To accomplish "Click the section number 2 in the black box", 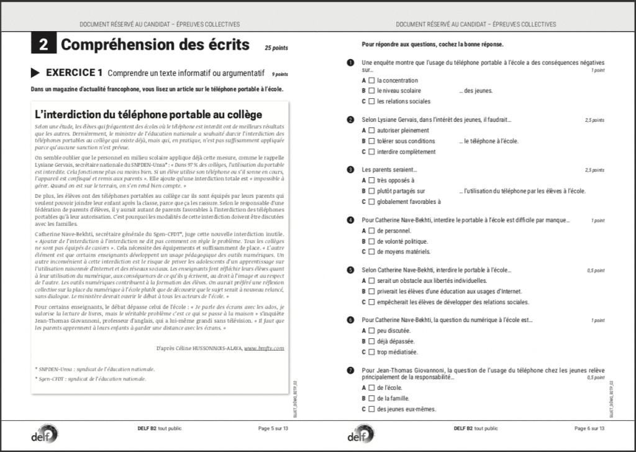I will (x=43, y=45).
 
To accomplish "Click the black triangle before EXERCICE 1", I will (x=37, y=72).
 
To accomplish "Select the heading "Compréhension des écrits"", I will (x=155, y=45).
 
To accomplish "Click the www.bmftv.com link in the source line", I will (x=264, y=348).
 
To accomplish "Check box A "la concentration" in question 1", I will (x=371, y=80).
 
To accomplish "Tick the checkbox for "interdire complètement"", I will (x=371, y=152).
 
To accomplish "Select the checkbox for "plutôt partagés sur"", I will (x=371, y=191).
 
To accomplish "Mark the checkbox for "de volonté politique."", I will (x=371, y=241).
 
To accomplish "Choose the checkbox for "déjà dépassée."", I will (x=371, y=341).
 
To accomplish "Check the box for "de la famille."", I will (x=371, y=399).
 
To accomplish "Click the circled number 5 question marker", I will (x=350, y=270).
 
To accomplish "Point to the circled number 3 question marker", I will (x=350, y=170).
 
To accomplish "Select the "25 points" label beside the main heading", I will (x=276, y=48).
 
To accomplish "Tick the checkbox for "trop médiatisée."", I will (x=371, y=352).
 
